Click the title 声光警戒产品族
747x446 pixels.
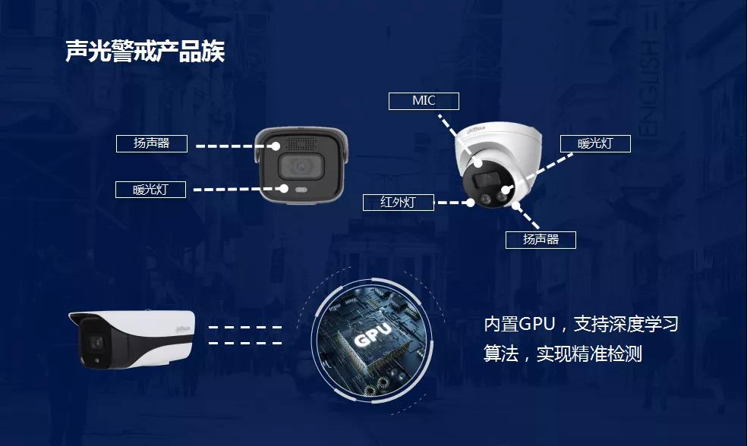pos(145,51)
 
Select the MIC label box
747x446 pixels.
pos(424,101)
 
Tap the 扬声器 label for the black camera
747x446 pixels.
pos(152,143)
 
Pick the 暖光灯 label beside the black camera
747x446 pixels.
pos(150,190)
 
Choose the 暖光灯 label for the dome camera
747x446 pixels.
pos(595,144)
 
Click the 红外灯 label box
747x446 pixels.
pos(399,203)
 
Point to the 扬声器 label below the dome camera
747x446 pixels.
pos(541,240)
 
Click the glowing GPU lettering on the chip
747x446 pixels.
pos(373,334)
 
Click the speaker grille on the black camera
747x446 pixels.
pos(301,143)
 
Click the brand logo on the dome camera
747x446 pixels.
pos(476,129)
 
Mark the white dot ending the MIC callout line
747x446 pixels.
pos(478,163)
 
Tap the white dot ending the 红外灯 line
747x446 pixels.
pos(471,203)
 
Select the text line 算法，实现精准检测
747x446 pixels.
pos(563,353)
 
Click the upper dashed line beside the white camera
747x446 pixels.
pos(245,327)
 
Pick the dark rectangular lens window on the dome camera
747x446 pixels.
pos(485,180)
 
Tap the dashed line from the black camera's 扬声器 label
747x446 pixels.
pos(235,146)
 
